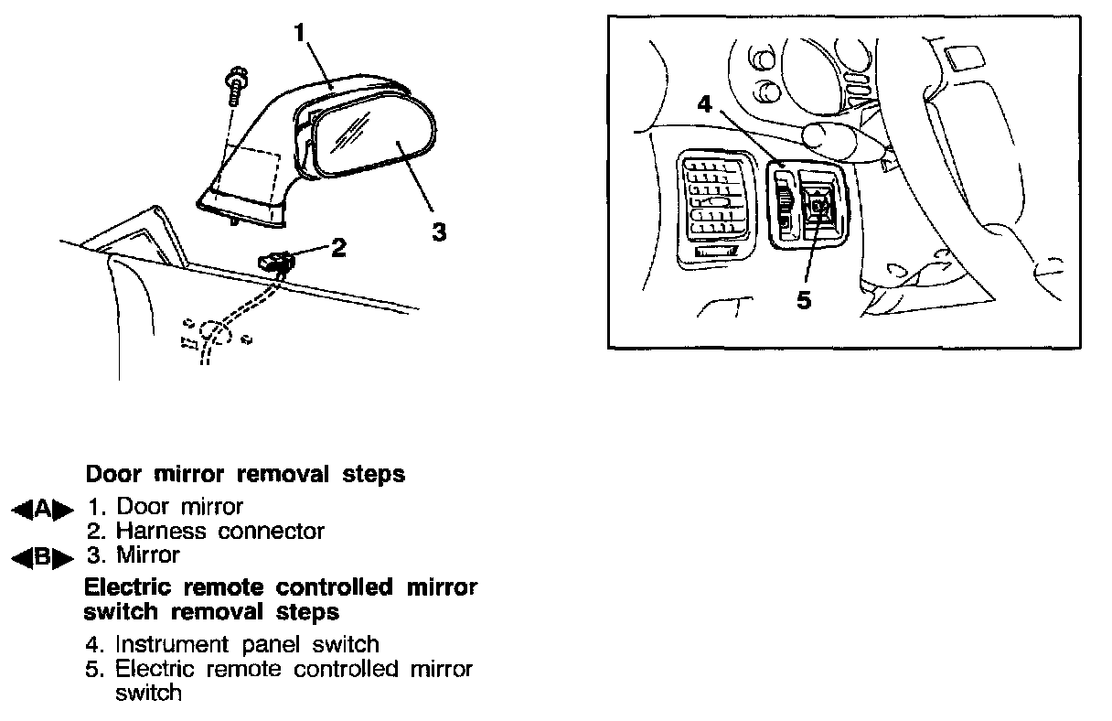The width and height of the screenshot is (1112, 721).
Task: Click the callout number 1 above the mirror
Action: click(x=299, y=35)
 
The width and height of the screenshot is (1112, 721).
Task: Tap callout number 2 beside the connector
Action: click(x=338, y=247)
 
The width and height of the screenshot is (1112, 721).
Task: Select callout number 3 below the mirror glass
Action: click(x=439, y=232)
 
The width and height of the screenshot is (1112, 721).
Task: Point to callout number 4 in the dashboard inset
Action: click(x=704, y=104)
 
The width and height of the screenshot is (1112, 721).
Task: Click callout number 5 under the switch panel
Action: click(x=804, y=300)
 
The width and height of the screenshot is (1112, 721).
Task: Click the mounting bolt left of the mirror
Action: click(x=234, y=88)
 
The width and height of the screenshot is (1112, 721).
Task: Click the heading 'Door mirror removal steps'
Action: click(x=245, y=475)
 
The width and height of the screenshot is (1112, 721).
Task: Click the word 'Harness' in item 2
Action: click(x=162, y=531)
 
